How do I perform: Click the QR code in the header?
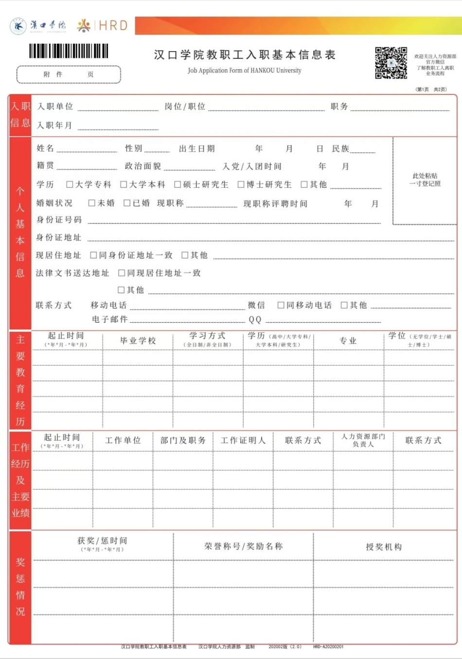(x=391, y=63)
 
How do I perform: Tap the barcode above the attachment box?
(x=69, y=51)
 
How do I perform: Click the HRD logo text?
(x=113, y=26)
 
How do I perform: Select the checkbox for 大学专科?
(x=70, y=184)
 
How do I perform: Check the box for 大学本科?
(x=124, y=184)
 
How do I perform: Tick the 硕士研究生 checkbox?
(x=178, y=184)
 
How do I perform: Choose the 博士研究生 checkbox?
(x=241, y=184)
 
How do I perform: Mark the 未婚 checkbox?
(x=91, y=203)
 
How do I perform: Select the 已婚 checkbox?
(x=127, y=203)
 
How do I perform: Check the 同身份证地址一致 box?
(x=93, y=255)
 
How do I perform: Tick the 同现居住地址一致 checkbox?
(x=122, y=273)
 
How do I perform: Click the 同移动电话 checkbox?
(x=281, y=305)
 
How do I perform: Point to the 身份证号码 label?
(x=59, y=220)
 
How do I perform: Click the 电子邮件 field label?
(x=110, y=319)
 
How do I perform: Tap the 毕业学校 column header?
(x=138, y=340)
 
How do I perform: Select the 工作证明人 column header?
(x=243, y=440)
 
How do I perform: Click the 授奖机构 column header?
(x=384, y=547)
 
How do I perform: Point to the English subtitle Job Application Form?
(x=244, y=71)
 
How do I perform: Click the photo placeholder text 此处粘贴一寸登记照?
(x=425, y=179)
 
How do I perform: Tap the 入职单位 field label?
(x=55, y=107)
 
